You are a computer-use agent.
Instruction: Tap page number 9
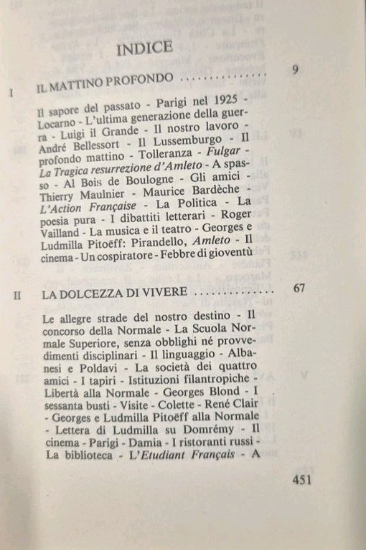pyautogui.click(x=296, y=69)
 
